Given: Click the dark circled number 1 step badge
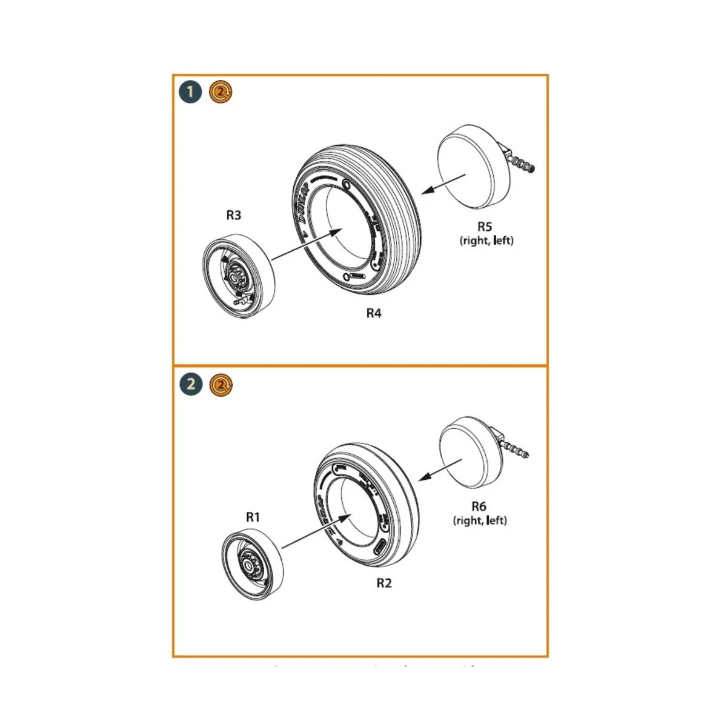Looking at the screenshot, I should (190, 92).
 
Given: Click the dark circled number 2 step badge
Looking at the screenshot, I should (191, 384).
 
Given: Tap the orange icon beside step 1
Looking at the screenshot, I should (221, 92).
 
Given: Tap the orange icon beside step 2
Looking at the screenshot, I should (221, 384).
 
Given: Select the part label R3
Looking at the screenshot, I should (234, 215).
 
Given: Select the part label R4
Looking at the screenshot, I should (374, 313).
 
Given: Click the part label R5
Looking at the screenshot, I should (485, 227).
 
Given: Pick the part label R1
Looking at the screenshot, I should (253, 517).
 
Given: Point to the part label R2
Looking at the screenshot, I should (384, 583).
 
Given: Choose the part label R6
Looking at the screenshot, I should (479, 506).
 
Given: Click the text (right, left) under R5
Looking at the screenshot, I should (486, 241).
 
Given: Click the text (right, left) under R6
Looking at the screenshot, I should (480, 520).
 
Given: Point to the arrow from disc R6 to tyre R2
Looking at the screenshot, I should (440, 468).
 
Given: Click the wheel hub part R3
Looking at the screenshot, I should (237, 278).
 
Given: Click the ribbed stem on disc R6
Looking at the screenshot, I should (517, 450).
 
